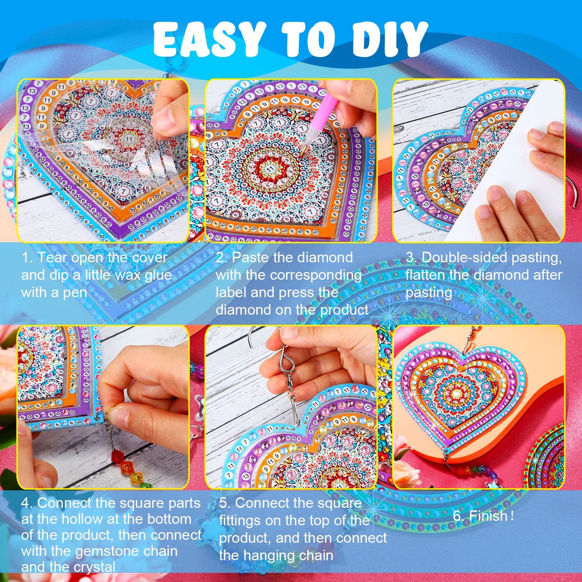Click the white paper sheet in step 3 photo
click(x=504, y=163)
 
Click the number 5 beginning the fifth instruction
click(x=223, y=503)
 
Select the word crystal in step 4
click(x=95, y=567)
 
